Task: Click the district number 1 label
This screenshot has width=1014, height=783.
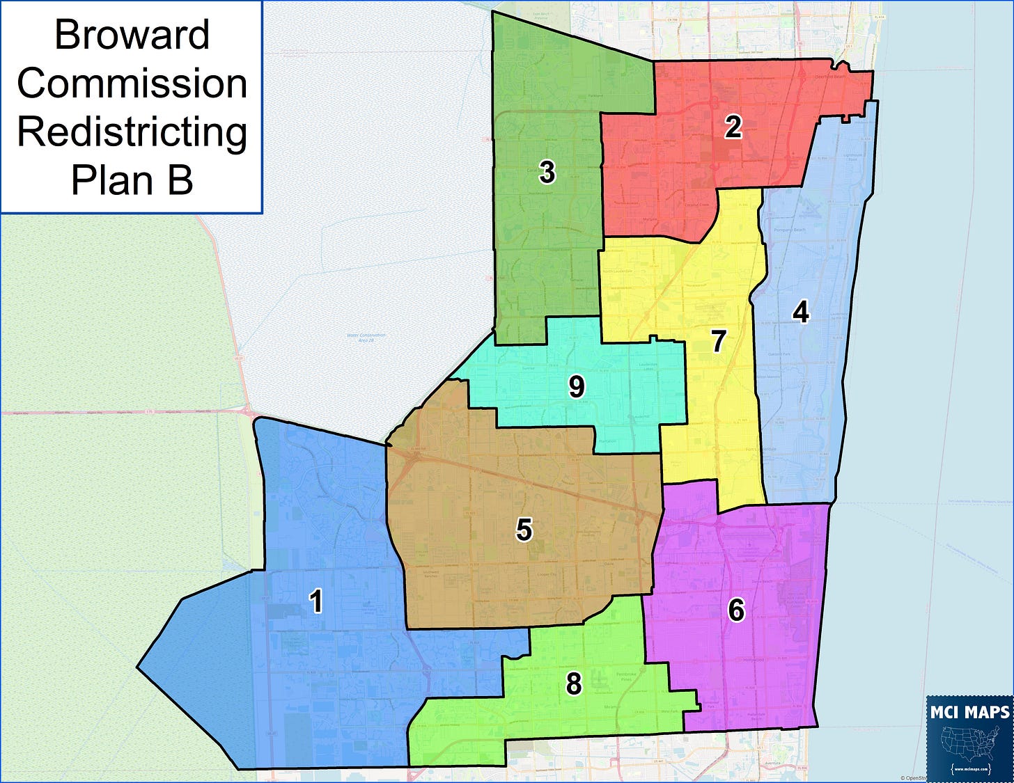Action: (316, 601)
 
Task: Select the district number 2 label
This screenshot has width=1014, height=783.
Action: (733, 127)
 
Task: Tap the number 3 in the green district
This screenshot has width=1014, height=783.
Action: (547, 172)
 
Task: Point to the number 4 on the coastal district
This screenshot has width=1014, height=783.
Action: (801, 313)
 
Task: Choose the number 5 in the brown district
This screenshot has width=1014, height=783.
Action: (524, 530)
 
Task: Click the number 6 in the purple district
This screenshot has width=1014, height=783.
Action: (736, 610)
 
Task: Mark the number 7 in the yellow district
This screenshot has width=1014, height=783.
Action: (719, 341)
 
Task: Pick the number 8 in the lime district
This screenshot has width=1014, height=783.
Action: (573, 684)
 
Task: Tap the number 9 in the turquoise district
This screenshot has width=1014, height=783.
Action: (576, 387)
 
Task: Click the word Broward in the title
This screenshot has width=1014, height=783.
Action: (132, 35)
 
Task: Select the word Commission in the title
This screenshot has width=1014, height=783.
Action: (132, 84)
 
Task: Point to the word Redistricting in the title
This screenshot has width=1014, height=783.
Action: (132, 132)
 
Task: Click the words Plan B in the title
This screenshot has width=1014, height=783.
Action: (132, 180)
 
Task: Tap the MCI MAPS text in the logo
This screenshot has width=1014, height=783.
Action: (969, 712)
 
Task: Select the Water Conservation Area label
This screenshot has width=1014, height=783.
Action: (366, 338)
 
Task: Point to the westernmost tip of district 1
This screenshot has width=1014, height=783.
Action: (138, 668)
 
